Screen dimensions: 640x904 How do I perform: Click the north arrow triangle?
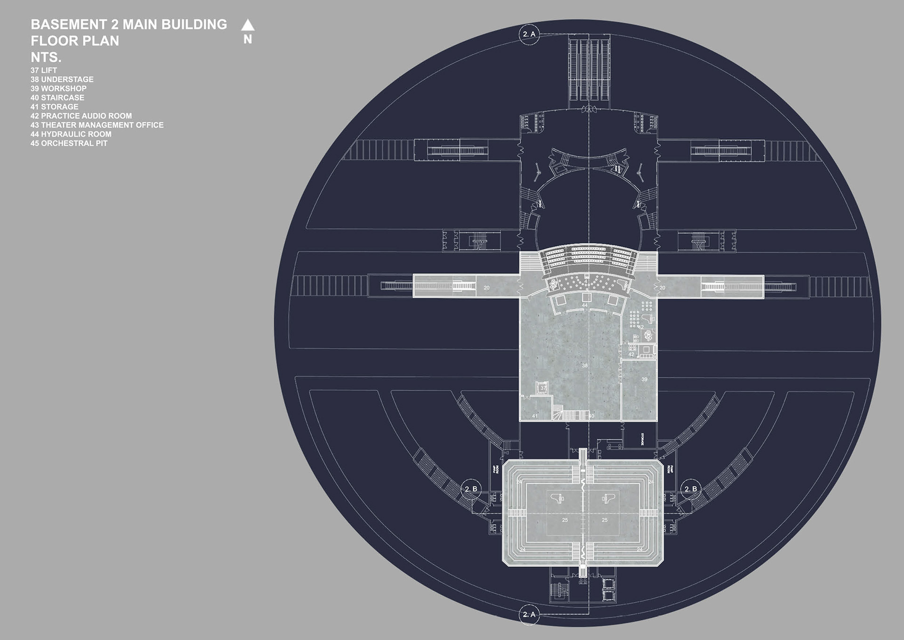(x=248, y=25)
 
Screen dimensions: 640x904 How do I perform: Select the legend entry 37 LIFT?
(x=44, y=70)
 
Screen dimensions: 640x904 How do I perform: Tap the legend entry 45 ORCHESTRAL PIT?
(x=69, y=143)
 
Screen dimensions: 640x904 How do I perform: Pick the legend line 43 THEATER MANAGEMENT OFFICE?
(x=97, y=125)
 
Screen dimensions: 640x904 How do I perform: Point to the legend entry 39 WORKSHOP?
(x=58, y=89)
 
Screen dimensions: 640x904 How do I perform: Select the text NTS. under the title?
(x=46, y=57)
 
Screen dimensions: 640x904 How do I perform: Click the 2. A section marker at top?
(x=529, y=34)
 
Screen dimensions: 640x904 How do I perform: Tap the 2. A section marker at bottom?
(x=529, y=615)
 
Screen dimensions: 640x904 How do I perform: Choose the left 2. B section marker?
(x=471, y=489)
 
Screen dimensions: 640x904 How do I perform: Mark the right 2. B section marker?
(x=691, y=489)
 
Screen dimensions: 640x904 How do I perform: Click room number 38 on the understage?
(x=585, y=366)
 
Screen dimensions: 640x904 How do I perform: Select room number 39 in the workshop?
(x=644, y=379)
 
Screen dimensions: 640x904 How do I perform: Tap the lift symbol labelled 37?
(x=542, y=388)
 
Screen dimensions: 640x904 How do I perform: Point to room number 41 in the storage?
(x=535, y=416)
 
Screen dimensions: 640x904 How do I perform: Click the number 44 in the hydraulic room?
(x=585, y=305)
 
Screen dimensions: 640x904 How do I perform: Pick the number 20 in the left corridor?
(x=486, y=287)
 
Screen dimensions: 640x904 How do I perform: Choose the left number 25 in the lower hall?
(x=565, y=520)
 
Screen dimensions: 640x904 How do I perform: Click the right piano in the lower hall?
(x=606, y=498)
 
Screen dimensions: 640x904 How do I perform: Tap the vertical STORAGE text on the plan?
(x=642, y=439)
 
